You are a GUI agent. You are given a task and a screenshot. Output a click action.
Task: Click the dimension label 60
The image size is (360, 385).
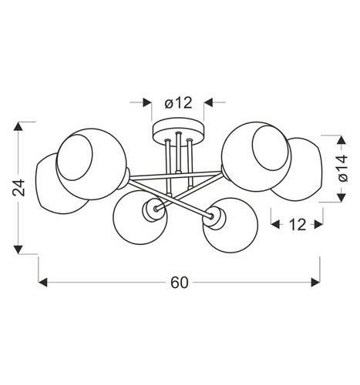179,283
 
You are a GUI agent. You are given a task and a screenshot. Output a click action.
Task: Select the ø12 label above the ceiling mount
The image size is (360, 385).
177,102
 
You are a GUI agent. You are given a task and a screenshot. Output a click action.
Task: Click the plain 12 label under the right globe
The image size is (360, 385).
296,225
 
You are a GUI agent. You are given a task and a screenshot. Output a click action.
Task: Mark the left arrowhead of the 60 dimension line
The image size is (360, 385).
43,283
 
